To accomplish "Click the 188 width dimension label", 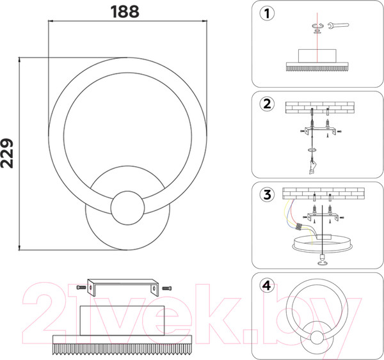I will coord(125,11).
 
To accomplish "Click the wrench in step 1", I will coord(338,26).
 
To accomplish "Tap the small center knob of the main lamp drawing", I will coord(127,209).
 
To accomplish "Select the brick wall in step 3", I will coord(323,192).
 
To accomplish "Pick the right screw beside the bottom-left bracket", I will coord(168,288).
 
